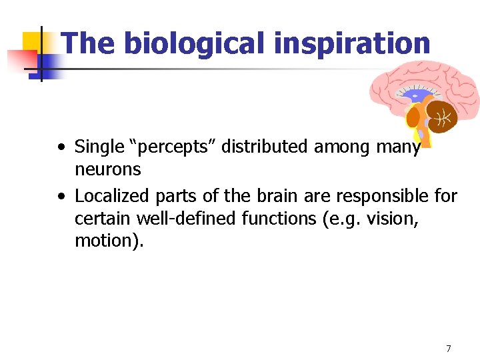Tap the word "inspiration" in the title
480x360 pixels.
tap(351, 44)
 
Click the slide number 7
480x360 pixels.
tap(449, 348)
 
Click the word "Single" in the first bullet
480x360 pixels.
tap(99, 146)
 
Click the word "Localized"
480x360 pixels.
tap(112, 196)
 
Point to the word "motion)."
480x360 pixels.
tap(109, 241)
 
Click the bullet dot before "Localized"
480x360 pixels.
tap(61, 197)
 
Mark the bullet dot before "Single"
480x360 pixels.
tap(61, 147)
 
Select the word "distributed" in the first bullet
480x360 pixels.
tap(263, 146)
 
